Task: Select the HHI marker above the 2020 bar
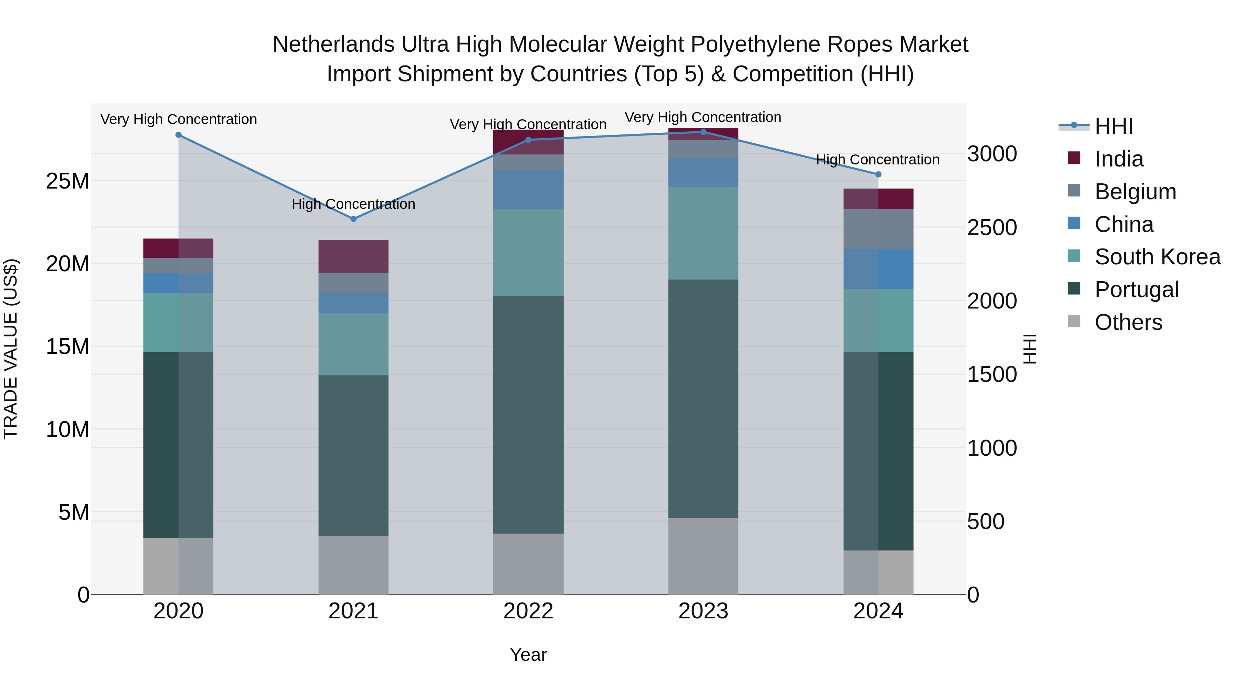click(178, 135)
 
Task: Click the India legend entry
click(1118, 159)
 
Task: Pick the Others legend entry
click(1128, 322)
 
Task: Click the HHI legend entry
click(1113, 126)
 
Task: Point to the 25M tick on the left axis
click(68, 181)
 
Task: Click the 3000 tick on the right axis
click(992, 154)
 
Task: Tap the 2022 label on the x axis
click(528, 611)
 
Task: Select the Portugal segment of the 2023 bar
click(703, 398)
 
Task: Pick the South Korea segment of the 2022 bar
click(528, 252)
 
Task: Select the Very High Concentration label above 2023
click(703, 118)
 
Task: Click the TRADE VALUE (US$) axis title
click(11, 349)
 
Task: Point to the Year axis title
click(528, 655)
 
